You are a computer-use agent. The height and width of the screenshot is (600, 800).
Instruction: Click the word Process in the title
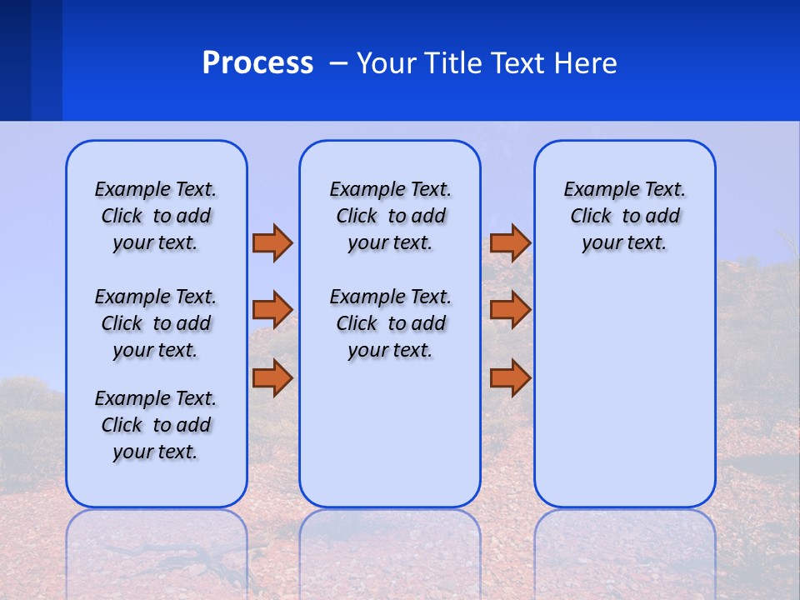tap(257, 62)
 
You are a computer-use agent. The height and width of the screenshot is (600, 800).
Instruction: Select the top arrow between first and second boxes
tap(272, 242)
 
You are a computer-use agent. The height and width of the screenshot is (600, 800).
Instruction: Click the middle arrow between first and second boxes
tap(272, 310)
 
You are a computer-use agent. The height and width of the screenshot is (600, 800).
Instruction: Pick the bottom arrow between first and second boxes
tap(272, 377)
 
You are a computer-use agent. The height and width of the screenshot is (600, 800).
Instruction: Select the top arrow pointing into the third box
tap(510, 242)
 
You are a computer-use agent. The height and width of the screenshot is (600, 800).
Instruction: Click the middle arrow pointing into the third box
tap(510, 310)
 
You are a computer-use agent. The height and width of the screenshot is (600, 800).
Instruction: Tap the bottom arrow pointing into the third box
tap(510, 377)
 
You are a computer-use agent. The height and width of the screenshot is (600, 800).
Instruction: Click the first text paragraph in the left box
tap(156, 216)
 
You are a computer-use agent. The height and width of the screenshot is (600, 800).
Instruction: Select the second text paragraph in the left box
tap(156, 323)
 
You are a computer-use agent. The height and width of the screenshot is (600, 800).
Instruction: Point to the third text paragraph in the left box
tap(156, 425)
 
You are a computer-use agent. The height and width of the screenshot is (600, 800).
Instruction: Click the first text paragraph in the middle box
tap(390, 216)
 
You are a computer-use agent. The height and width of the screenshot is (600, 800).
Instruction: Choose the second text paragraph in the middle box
tap(390, 323)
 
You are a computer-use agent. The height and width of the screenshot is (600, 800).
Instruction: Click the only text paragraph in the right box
tap(624, 216)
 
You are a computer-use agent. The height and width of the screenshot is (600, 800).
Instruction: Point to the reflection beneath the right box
tap(624, 550)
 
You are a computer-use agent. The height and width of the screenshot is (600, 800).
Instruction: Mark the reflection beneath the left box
tap(156, 550)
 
